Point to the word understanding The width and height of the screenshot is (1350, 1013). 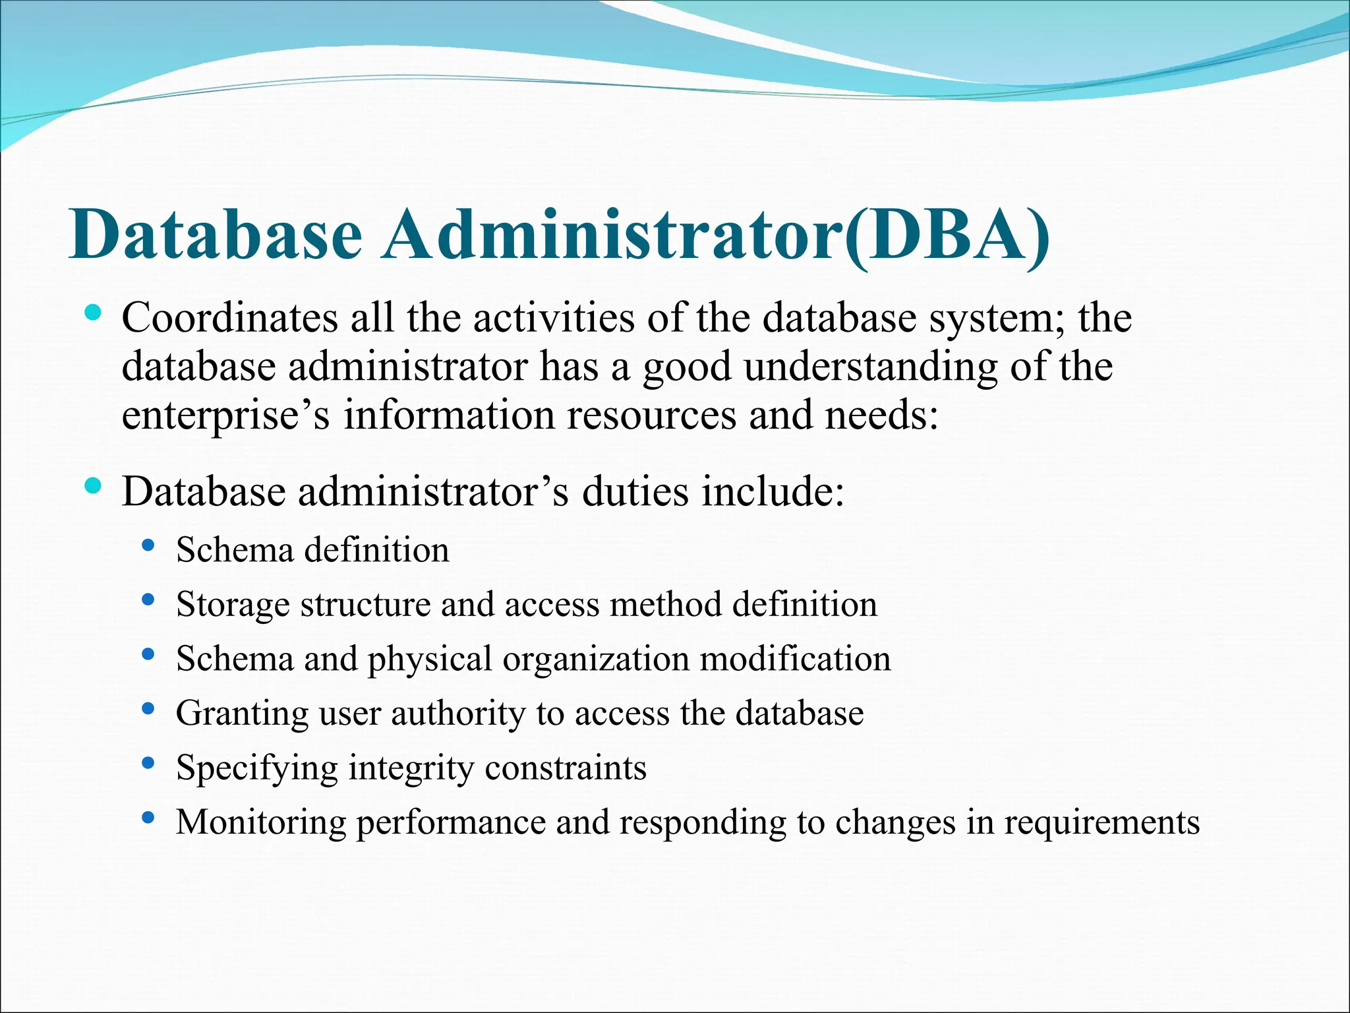[x=871, y=367]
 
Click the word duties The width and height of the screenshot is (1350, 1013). [x=635, y=491]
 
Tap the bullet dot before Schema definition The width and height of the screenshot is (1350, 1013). [x=148, y=546]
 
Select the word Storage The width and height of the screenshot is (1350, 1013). [x=233, y=604]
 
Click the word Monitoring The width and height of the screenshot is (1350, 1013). [x=260, y=822]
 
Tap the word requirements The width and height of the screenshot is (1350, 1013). [x=1101, y=822]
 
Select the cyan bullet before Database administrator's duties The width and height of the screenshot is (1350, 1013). [x=93, y=487]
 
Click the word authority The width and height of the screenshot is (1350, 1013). [x=458, y=714]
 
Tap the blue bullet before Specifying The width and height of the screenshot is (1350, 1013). [x=148, y=764]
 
